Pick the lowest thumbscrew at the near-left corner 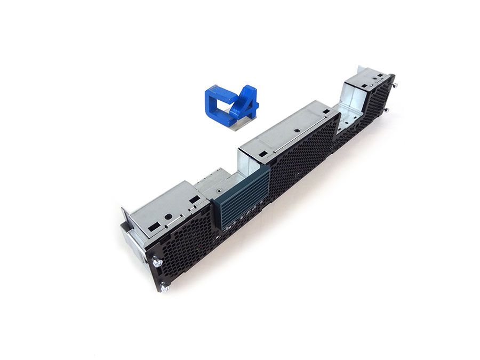pos(164,288)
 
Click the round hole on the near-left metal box pos(168,217)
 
